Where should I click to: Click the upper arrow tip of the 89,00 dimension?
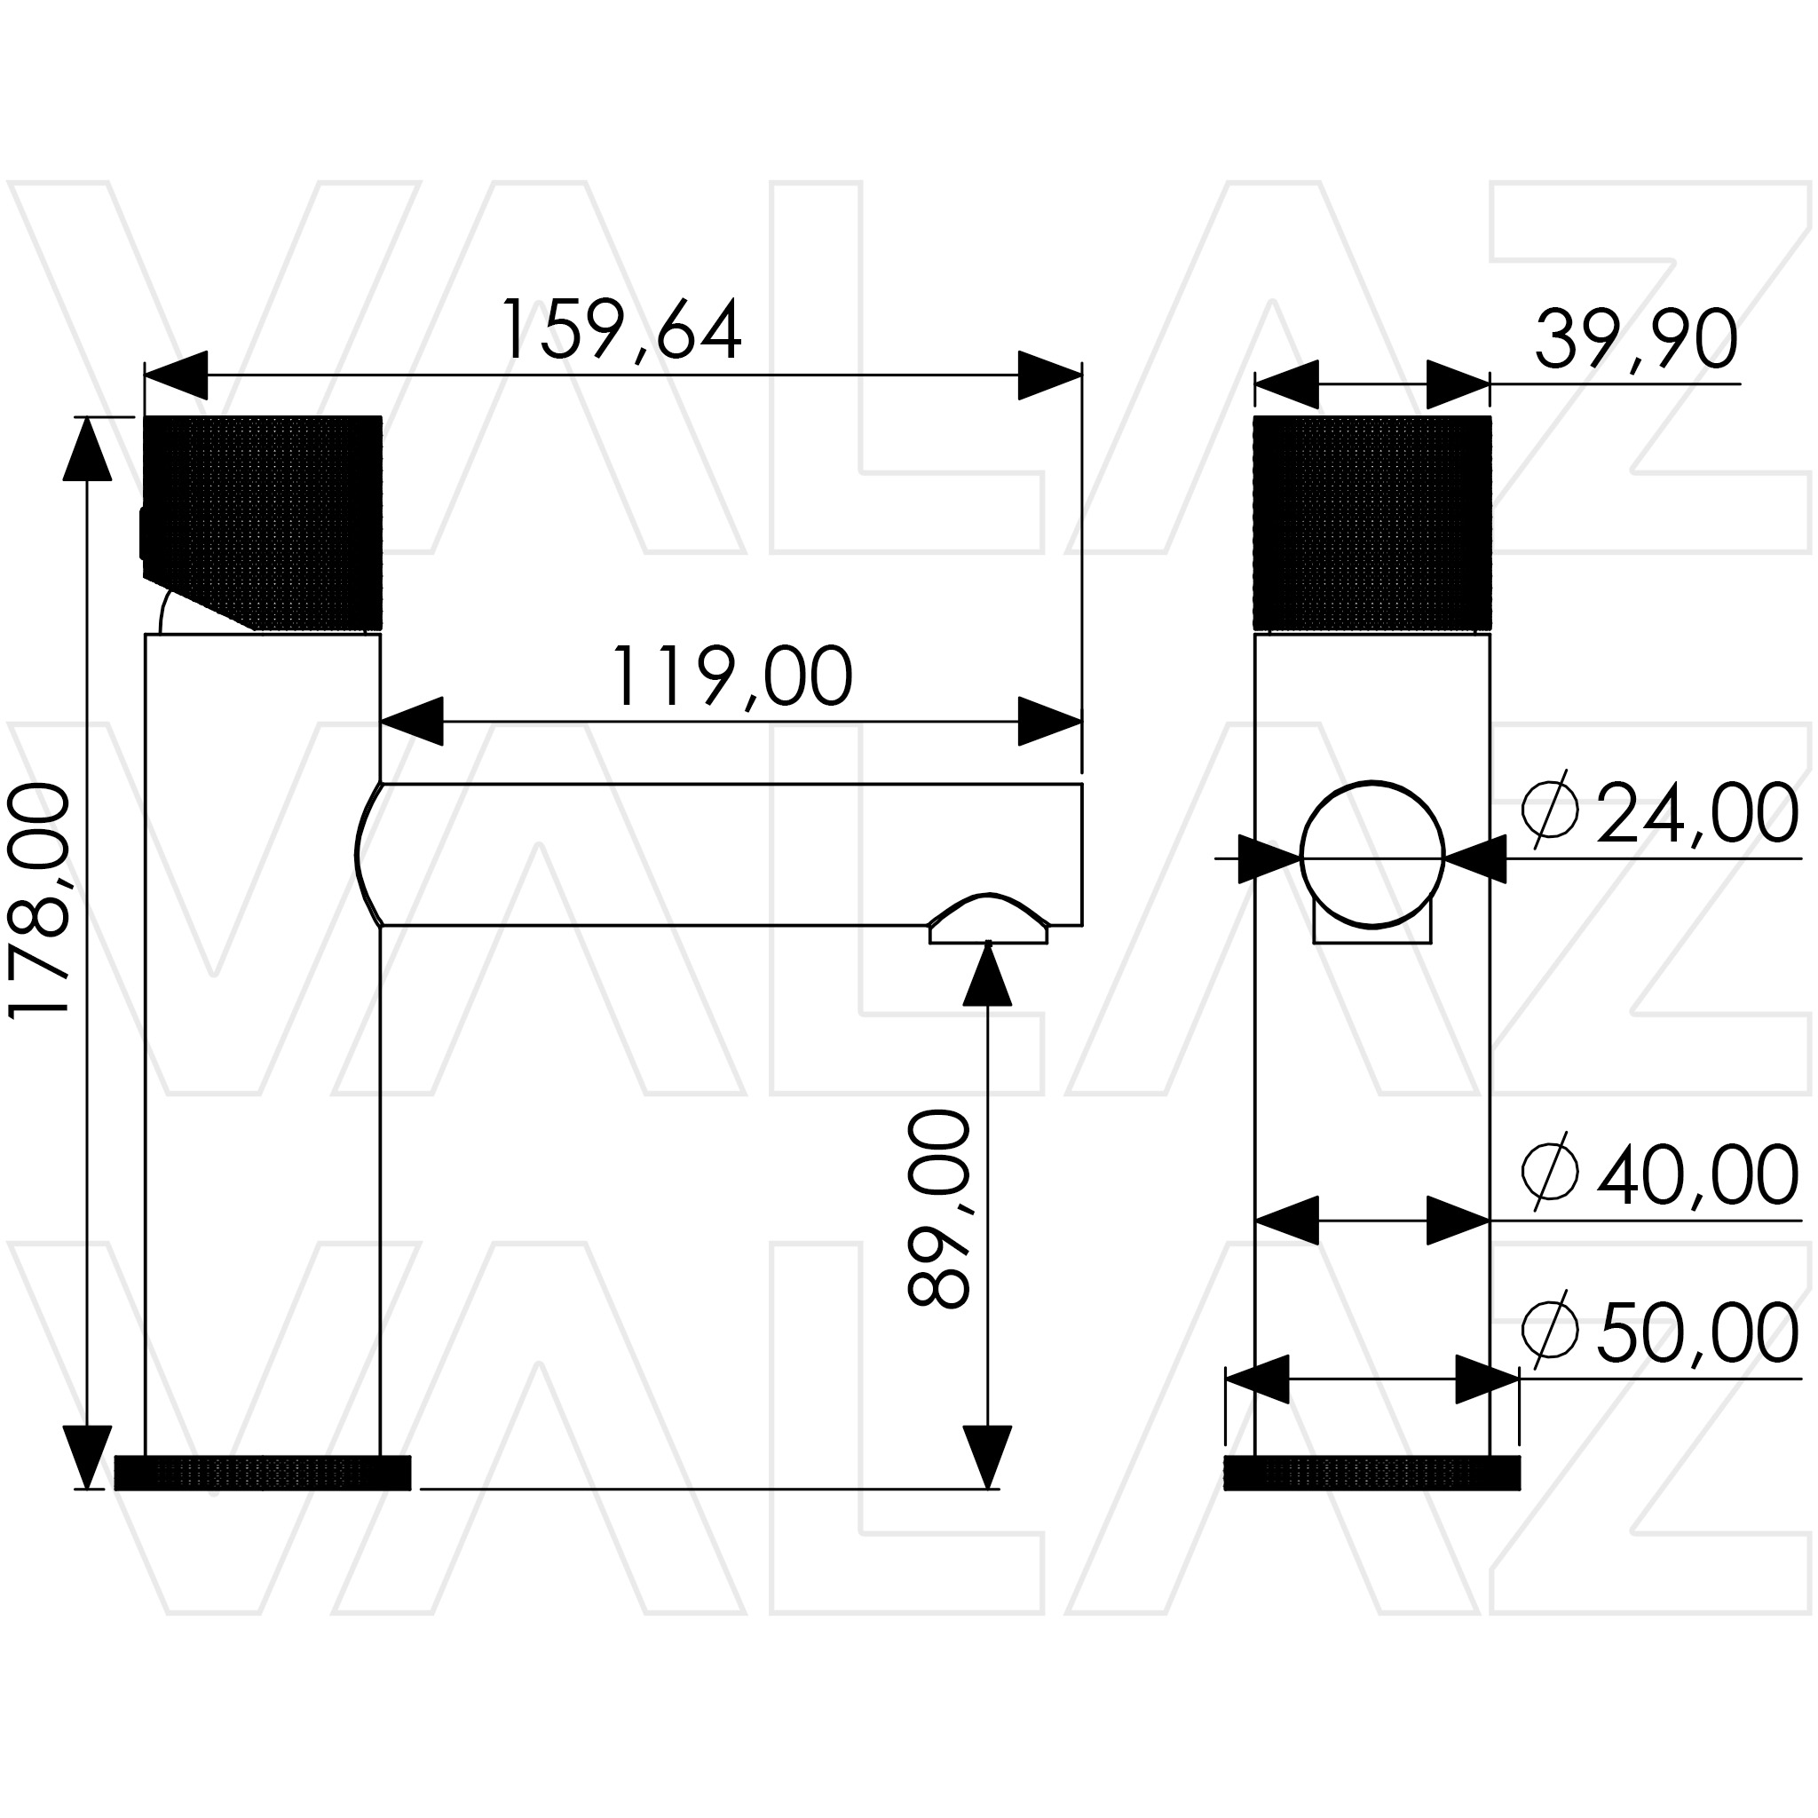[987, 942]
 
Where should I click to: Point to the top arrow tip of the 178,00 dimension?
[87, 418]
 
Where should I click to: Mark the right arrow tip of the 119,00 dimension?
[1081, 722]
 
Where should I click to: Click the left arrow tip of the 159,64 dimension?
[145, 375]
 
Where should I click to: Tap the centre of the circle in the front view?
[1372, 855]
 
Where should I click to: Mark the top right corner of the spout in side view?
[1081, 783]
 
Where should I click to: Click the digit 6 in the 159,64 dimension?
[675, 329]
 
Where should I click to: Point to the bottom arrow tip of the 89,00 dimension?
[987, 1489]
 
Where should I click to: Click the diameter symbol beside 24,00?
[1550, 810]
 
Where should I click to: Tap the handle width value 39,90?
[1636, 340]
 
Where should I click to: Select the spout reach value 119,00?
[732, 676]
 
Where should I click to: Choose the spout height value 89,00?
[938, 1209]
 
